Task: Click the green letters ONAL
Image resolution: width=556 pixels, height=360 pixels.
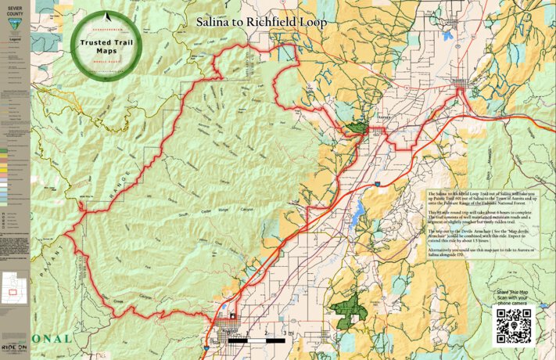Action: [53, 338]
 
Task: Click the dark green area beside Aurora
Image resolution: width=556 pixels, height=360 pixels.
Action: [357, 127]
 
